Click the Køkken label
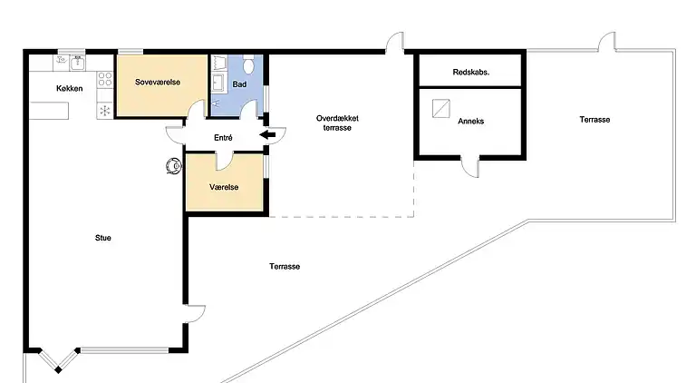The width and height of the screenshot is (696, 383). (70, 88)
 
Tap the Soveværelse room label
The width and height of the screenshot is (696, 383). (158, 83)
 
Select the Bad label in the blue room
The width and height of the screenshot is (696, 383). (239, 84)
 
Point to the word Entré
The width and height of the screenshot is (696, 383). (222, 137)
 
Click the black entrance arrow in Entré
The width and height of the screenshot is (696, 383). (269, 136)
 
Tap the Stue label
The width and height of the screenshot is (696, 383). (103, 239)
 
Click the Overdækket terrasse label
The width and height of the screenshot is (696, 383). (333, 123)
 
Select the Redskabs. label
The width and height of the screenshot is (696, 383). (470, 72)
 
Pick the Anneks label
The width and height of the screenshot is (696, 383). (470, 121)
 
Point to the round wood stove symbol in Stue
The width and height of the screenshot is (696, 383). (172, 166)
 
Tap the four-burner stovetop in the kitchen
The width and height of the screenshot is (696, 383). (105, 79)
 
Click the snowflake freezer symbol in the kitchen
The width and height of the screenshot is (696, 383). (104, 110)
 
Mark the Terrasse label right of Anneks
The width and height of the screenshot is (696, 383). (595, 119)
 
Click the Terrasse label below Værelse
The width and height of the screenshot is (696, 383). (285, 267)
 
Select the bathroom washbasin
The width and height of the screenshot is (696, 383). (218, 82)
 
